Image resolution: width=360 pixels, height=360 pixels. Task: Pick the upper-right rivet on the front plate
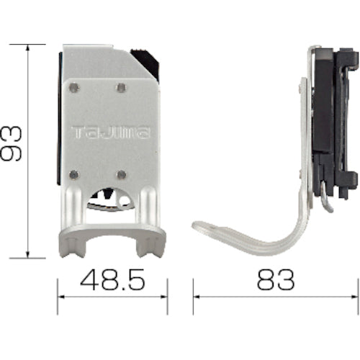point(120,88)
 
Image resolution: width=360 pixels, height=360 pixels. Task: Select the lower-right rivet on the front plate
point(121,174)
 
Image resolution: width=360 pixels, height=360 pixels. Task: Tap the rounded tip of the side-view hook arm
point(198,228)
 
